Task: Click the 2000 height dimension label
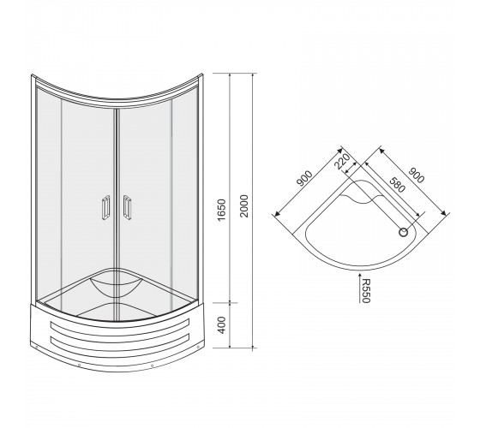pos(244,205)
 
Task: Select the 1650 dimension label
pos(221,210)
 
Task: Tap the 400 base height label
pos(221,325)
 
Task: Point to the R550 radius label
pos(366,290)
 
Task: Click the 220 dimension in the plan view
pos(342,161)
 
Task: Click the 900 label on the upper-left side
pos(304,179)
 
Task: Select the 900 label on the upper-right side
pos(417,175)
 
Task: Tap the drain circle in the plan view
pos(404,233)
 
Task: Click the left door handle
pos(105,207)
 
